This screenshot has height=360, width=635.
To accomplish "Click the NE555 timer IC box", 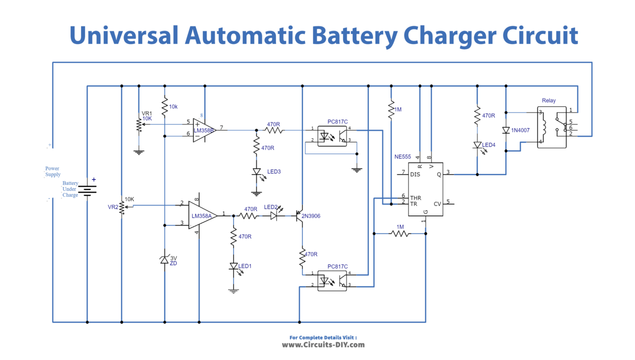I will pyautogui.click(x=425, y=189).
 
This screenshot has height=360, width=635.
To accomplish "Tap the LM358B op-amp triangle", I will pyautogui.click(x=205, y=130).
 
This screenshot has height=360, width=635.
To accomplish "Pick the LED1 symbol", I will pyautogui.click(x=233, y=267).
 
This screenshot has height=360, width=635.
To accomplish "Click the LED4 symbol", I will pyautogui.click(x=477, y=145).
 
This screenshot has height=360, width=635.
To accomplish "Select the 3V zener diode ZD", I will pyautogui.click(x=164, y=260).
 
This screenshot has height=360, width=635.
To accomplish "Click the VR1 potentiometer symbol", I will pyautogui.click(x=139, y=124).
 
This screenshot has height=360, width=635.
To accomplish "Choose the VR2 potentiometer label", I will pyautogui.click(x=113, y=206).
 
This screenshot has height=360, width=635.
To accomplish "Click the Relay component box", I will pyautogui.click(x=552, y=127).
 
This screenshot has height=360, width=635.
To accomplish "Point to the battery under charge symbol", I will pyautogui.click(x=87, y=189).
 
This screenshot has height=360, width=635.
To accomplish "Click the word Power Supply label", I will pyautogui.click(x=52, y=171).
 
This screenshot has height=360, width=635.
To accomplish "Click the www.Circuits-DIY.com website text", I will pyautogui.click(x=323, y=344).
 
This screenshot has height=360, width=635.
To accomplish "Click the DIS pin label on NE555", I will pyautogui.click(x=414, y=174).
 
